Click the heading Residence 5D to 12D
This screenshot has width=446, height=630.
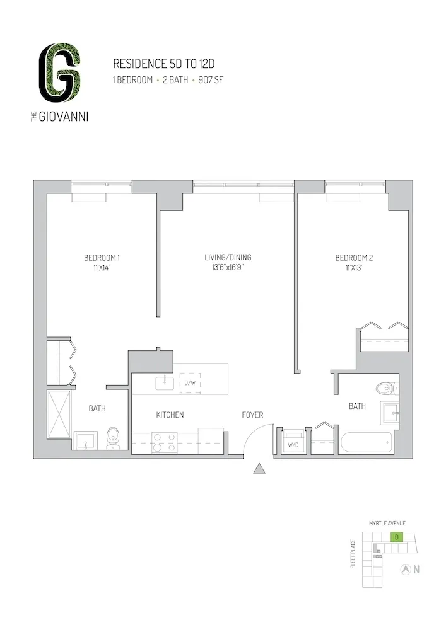pyautogui.click(x=156, y=64)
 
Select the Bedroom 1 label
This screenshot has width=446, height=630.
pyautogui.click(x=102, y=258)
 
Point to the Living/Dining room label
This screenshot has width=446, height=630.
pyautogui.click(x=228, y=257)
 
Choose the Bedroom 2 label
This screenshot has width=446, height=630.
pyautogui.click(x=354, y=258)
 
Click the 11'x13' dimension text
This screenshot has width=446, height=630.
pyautogui.click(x=354, y=268)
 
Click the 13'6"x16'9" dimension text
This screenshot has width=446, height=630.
pyautogui.click(x=228, y=268)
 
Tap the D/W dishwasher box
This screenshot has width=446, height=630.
pyautogui.click(x=189, y=383)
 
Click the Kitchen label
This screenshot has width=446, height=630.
pyautogui.click(x=170, y=415)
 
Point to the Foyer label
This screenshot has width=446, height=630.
pyautogui.click(x=252, y=415)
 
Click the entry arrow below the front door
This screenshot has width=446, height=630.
pyautogui.click(x=259, y=469)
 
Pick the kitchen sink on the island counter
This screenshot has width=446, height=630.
pyautogui.click(x=165, y=382)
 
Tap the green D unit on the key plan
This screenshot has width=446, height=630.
pyautogui.click(x=396, y=537)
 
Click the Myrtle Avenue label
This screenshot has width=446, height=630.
pyautogui.click(x=387, y=524)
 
